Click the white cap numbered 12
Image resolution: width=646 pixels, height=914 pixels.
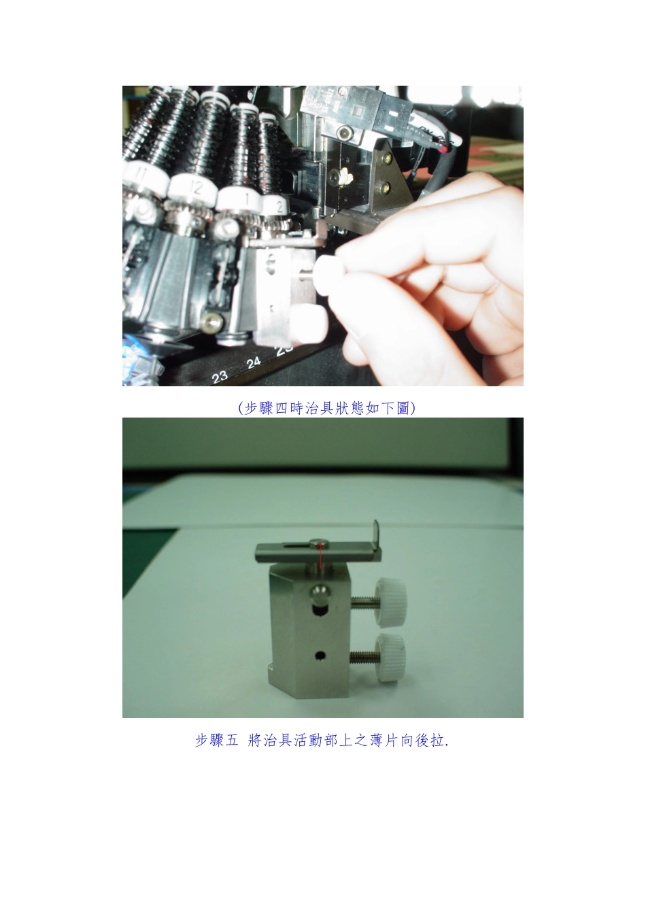point(193,187)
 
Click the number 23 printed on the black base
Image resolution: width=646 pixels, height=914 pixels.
point(220,376)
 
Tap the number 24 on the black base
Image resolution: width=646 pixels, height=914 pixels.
point(253,362)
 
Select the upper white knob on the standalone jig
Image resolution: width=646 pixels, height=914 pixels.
point(390,600)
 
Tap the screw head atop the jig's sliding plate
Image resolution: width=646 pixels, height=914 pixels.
point(318,542)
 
